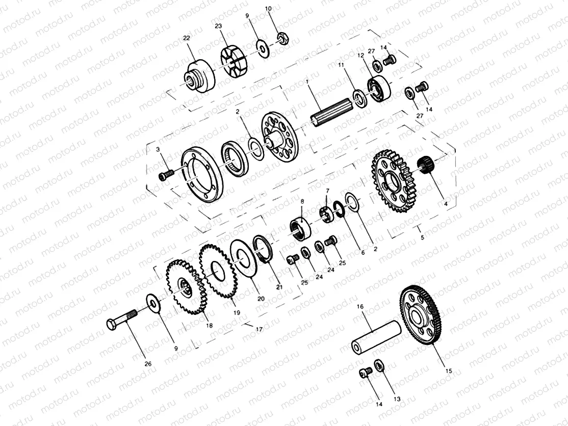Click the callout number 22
click(186, 38)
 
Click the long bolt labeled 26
click(122, 322)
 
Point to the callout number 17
click(259, 329)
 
